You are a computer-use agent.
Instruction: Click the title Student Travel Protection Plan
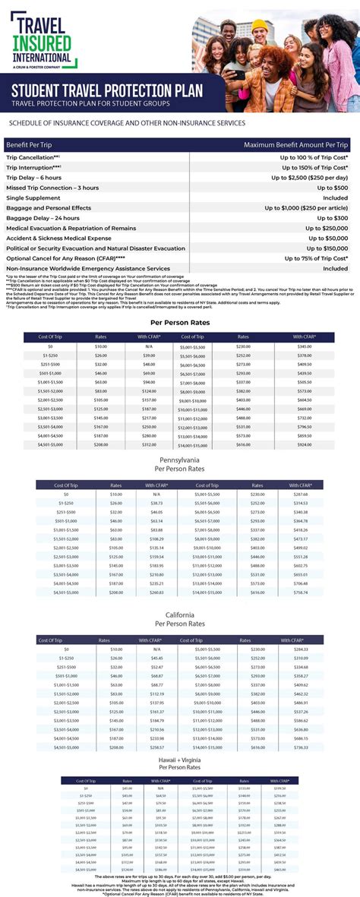pyautogui.click(x=106, y=91)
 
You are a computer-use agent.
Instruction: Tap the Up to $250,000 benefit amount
pyautogui.click(x=327, y=228)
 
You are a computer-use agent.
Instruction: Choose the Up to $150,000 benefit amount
pyautogui.click(x=327, y=248)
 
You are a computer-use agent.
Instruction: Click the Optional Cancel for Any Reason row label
pyautogui.click(x=65, y=258)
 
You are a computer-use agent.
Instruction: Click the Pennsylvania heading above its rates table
pyautogui.click(x=179, y=460)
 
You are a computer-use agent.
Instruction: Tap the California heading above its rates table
pyautogui.click(x=179, y=614)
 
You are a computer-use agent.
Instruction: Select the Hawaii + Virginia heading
pyautogui.click(x=179, y=760)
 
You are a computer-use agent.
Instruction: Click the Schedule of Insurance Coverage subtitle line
pyautogui.click(x=127, y=122)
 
